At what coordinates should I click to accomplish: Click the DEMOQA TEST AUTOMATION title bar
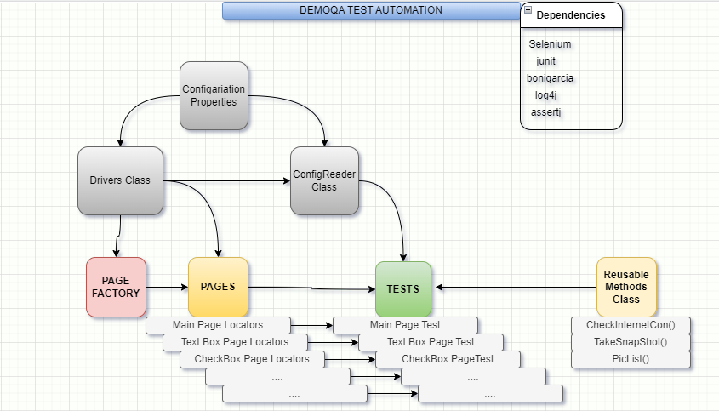coord(371,10)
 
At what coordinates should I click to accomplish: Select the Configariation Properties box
coord(214,95)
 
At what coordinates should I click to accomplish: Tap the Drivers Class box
coord(120,180)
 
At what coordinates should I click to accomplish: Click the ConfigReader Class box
coord(324,180)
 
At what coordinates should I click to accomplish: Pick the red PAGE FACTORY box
coord(116,287)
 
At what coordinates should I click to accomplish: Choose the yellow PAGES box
coord(218,287)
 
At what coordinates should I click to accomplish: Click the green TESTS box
coord(403,288)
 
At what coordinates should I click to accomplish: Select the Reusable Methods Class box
coord(626,287)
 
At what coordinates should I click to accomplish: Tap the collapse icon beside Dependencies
coord(528,11)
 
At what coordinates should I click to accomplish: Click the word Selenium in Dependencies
coord(550,44)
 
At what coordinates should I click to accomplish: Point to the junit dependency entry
coord(545,61)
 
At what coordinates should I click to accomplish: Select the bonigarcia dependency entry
coord(550,78)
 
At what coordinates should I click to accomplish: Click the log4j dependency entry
coord(545,95)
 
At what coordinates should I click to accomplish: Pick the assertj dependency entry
coord(546,112)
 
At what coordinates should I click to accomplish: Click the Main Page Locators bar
coord(218,325)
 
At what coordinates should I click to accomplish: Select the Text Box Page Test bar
coord(431,342)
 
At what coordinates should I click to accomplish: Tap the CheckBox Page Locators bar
coord(252,359)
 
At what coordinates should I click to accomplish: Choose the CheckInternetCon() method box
coord(631,325)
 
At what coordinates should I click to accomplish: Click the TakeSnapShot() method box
coord(631,342)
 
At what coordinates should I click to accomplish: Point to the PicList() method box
coord(631,359)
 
